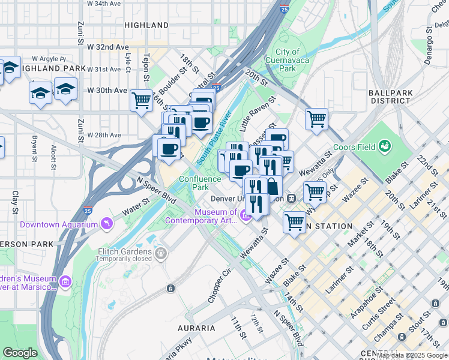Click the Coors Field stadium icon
tap(384, 146)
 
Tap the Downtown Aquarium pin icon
tap(106, 224)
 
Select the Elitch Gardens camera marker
tap(160, 254)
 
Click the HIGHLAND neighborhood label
tap(146, 25)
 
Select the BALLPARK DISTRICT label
tap(390, 97)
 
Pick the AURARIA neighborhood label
tap(196, 328)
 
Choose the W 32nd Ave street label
tap(108, 47)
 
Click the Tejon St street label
tap(146, 66)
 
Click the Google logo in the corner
tap(20, 353)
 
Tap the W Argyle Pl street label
tap(49, 59)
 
